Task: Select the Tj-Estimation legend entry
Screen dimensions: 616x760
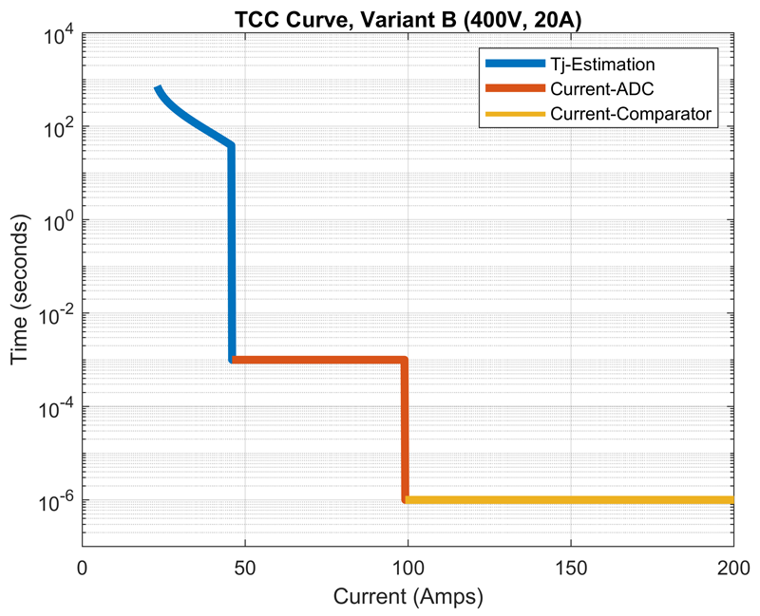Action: (x=601, y=65)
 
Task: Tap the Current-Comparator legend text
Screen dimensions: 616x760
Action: (x=630, y=114)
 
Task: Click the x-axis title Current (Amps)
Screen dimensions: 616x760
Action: (x=408, y=598)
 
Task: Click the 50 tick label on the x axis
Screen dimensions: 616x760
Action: (x=245, y=568)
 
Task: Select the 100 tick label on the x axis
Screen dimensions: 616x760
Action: (x=408, y=568)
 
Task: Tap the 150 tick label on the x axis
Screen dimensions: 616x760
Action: (x=571, y=568)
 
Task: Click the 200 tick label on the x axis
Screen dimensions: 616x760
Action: (x=733, y=568)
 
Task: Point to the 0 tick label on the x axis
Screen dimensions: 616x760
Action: (x=83, y=568)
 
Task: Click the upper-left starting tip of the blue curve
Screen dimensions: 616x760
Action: (x=158, y=88)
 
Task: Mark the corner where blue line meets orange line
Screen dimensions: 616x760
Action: (x=232, y=360)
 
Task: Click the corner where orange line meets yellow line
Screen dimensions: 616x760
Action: (x=406, y=499)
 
